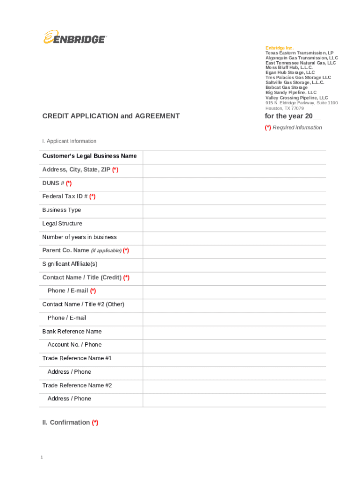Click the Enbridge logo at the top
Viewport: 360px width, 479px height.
point(75,37)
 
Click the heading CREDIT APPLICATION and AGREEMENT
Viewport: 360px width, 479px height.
point(111,116)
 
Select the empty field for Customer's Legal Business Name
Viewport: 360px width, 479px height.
point(234,157)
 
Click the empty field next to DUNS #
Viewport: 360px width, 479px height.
point(234,184)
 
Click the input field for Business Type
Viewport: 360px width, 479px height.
point(234,211)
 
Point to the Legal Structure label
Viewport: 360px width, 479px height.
point(62,224)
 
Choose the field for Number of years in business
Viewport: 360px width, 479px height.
point(234,238)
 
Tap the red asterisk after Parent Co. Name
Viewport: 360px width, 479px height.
point(126,250)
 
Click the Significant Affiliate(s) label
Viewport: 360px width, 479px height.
point(70,264)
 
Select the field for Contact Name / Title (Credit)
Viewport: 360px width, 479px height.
point(234,279)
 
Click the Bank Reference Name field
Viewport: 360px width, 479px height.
point(234,333)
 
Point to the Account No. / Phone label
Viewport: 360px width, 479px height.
point(74,345)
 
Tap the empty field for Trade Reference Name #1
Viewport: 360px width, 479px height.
point(234,360)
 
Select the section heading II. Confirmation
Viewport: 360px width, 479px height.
point(70,422)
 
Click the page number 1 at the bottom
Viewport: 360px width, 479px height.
point(42,457)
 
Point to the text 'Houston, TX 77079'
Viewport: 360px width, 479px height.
point(285,108)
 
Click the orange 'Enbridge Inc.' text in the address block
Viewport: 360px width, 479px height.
point(280,48)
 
